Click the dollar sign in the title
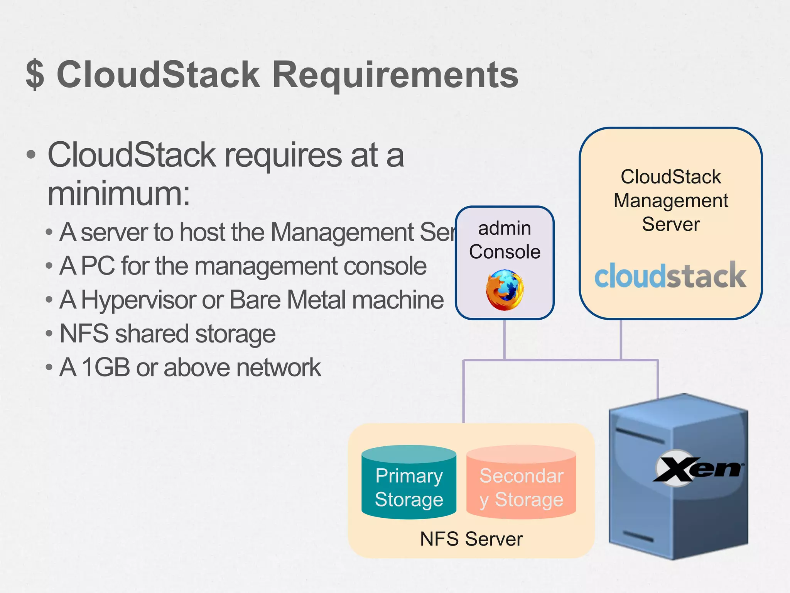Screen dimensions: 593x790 pyautogui.click(x=35, y=75)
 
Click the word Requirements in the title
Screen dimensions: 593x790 pyautogui.click(x=395, y=75)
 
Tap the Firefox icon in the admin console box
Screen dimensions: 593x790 pyautogui.click(x=505, y=290)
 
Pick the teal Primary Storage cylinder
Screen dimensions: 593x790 pyautogui.click(x=409, y=483)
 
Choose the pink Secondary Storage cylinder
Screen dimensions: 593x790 pyautogui.click(x=521, y=483)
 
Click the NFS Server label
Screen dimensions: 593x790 pyautogui.click(x=471, y=539)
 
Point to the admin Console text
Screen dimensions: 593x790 pyautogui.click(x=505, y=240)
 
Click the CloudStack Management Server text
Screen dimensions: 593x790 pyautogui.click(x=670, y=200)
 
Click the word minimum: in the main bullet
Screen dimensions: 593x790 pyautogui.click(x=119, y=194)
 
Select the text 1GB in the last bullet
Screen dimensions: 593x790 pyautogui.click(x=106, y=367)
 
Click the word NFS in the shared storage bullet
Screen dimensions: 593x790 pyautogui.click(x=84, y=334)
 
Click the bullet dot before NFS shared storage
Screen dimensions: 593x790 pyautogui.click(x=49, y=334)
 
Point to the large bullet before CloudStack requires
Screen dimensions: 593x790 pyautogui.click(x=31, y=155)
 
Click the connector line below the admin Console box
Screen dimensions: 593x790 pyautogui.click(x=504, y=339)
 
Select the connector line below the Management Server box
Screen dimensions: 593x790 pyautogui.click(x=621, y=339)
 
